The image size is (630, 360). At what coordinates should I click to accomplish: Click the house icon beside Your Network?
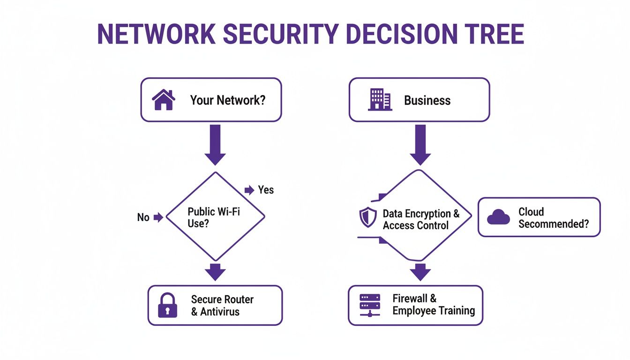pyautogui.click(x=164, y=100)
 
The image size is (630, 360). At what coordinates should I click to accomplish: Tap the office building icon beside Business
pyautogui.click(x=380, y=100)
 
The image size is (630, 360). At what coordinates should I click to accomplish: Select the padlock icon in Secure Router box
pyautogui.click(x=168, y=305)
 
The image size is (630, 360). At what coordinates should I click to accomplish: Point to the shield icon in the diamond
pyautogui.click(x=368, y=217)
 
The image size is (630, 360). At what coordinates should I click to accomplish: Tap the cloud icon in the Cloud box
pyautogui.click(x=498, y=217)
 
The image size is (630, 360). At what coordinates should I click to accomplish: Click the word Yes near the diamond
pyautogui.click(x=266, y=190)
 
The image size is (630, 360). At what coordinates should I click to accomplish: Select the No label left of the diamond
pyautogui.click(x=143, y=217)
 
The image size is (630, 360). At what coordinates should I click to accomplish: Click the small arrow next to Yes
pyautogui.click(x=249, y=190)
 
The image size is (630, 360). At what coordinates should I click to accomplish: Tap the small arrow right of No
pyautogui.click(x=158, y=217)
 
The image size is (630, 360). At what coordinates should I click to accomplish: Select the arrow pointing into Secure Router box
pyautogui.click(x=215, y=272)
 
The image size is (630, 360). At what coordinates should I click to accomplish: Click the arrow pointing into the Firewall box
pyautogui.click(x=420, y=272)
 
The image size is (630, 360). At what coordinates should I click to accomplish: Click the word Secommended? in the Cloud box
pyautogui.click(x=554, y=224)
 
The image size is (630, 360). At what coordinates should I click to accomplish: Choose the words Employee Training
pyautogui.click(x=434, y=310)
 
